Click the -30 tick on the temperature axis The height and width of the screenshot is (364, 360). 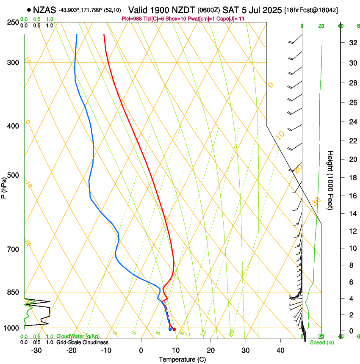[x=37, y=350]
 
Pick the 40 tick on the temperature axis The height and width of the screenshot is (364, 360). [x=280, y=350]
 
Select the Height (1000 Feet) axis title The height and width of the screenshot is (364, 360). [x=330, y=180]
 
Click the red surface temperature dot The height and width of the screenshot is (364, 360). [x=174, y=329]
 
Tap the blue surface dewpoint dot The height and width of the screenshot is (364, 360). [x=170, y=329]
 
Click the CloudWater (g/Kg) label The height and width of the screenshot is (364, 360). [x=78, y=336]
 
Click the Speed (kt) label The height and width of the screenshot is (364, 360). [x=321, y=342]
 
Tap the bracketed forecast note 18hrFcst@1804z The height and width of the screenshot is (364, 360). [x=311, y=10]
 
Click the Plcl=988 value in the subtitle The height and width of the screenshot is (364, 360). [x=131, y=19]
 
